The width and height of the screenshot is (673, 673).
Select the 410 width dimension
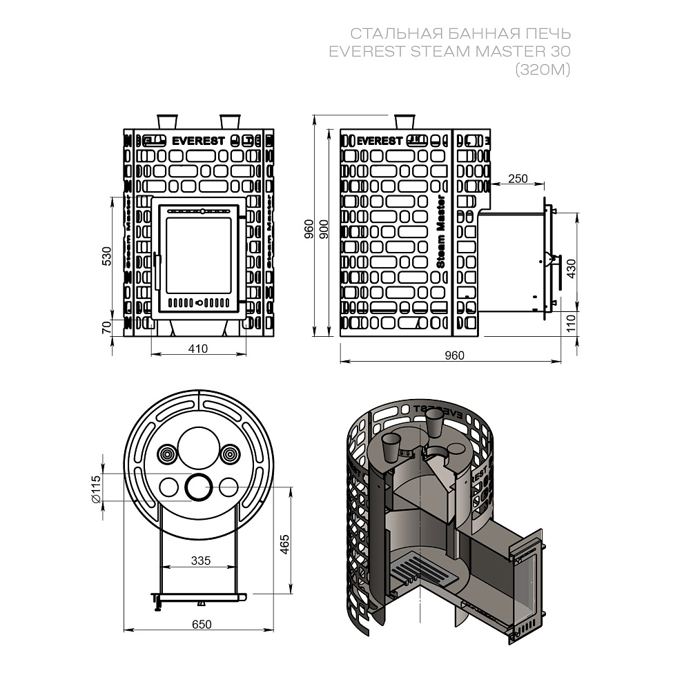(198, 349)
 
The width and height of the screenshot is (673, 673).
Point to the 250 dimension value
(517, 179)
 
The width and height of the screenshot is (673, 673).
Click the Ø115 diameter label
(96, 489)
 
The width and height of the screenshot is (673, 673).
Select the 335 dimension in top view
(199, 560)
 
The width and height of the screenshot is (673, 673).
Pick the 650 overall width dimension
(201, 624)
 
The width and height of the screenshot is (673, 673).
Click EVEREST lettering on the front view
(198, 140)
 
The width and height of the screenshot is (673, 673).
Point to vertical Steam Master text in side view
(441, 231)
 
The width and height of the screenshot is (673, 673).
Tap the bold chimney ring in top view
(199, 487)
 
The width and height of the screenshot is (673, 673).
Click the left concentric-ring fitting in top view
(168, 454)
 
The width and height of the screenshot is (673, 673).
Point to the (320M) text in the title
(543, 68)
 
